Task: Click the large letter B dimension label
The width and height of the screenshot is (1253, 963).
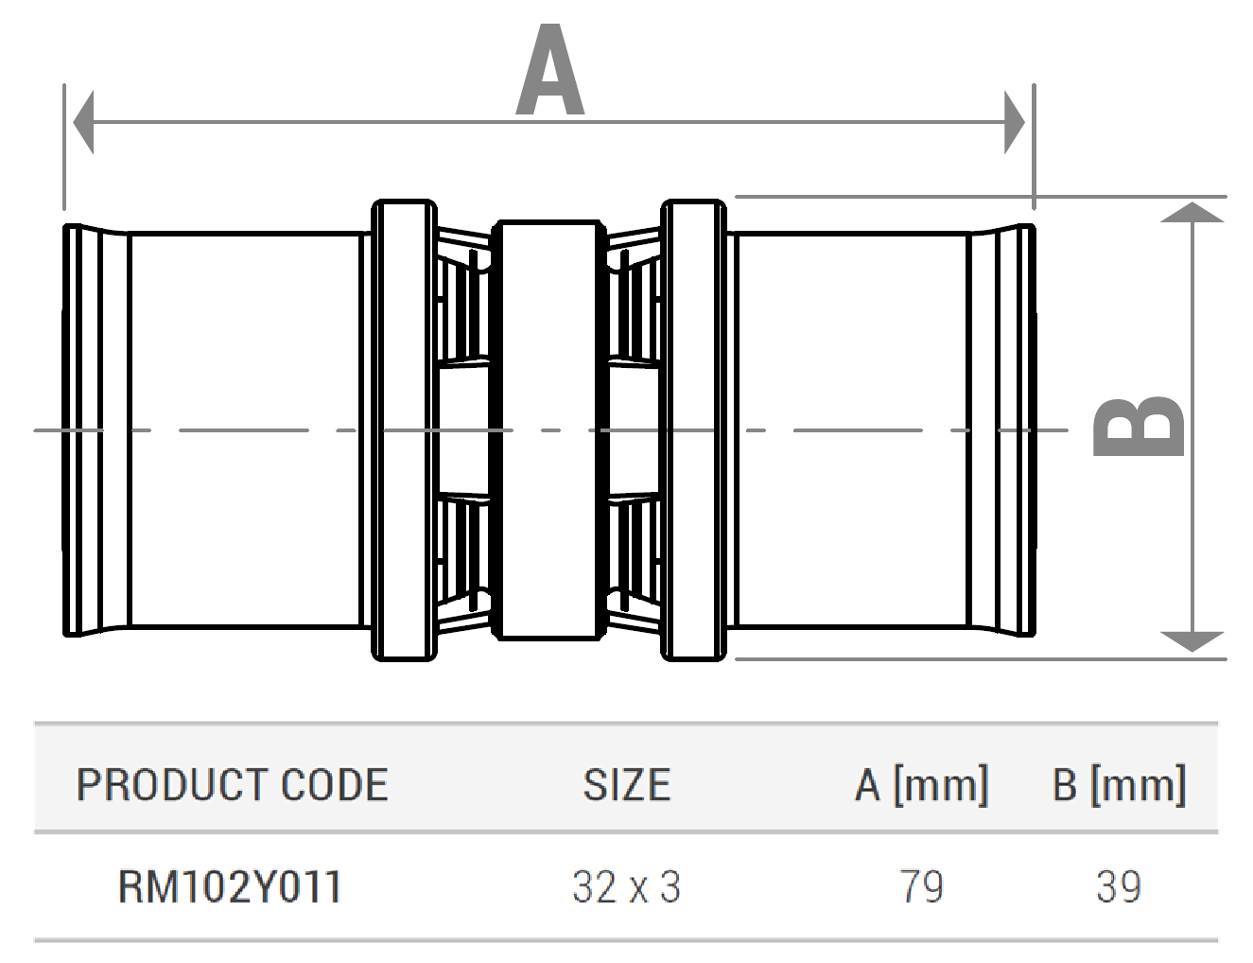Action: [x=1138, y=427]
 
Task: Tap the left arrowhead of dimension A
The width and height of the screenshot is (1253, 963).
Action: [x=83, y=122]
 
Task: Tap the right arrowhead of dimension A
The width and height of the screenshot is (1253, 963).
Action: [x=1015, y=122]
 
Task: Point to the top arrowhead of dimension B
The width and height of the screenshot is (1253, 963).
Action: [x=1192, y=212]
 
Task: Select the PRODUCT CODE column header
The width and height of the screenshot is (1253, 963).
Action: [x=232, y=785]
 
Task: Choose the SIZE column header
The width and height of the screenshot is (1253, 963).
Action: [x=626, y=785]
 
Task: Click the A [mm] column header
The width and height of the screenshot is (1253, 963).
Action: [x=921, y=785]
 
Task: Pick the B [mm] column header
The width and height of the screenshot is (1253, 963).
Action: [x=1119, y=785]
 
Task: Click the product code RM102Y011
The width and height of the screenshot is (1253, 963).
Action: [x=229, y=887]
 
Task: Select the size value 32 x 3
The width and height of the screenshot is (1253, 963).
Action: [x=626, y=887]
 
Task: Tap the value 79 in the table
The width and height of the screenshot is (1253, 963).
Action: [x=921, y=887]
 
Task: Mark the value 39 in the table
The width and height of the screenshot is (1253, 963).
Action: [x=1119, y=887]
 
